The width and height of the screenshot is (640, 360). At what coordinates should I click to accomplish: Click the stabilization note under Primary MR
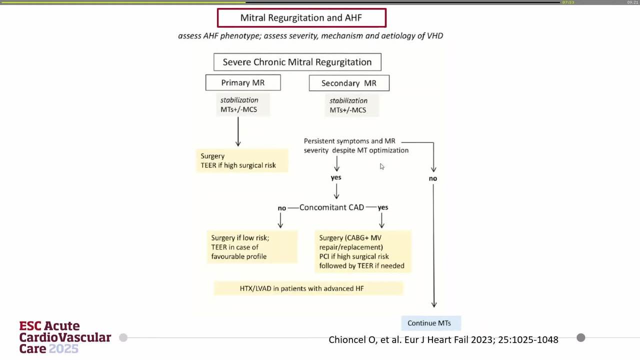point(243,104)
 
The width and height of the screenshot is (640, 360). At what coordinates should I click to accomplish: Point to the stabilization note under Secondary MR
point(351,105)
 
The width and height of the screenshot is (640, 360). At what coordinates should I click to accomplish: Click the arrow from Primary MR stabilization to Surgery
point(238,131)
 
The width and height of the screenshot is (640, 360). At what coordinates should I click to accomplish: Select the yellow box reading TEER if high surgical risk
point(242,160)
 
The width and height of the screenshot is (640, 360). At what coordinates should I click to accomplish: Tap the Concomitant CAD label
point(331,207)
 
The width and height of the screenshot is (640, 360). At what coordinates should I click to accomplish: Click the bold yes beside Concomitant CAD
point(383,207)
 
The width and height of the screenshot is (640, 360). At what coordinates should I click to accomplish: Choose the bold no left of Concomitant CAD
point(281,208)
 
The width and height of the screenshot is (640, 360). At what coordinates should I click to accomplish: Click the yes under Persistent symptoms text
point(336,177)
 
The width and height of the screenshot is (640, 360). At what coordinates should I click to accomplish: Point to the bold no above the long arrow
point(433,178)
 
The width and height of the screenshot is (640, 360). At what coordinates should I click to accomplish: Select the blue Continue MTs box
point(431,323)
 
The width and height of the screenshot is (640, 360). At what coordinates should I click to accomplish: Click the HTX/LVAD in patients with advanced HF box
point(308,288)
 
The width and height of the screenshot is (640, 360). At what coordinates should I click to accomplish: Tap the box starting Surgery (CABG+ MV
point(363,251)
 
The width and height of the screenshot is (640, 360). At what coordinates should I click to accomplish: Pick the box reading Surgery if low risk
point(252,247)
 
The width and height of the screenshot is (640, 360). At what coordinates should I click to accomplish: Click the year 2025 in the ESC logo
point(63,349)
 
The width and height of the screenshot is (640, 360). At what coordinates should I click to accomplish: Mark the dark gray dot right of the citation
point(581,337)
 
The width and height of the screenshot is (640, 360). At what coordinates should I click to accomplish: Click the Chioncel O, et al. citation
point(443,339)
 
